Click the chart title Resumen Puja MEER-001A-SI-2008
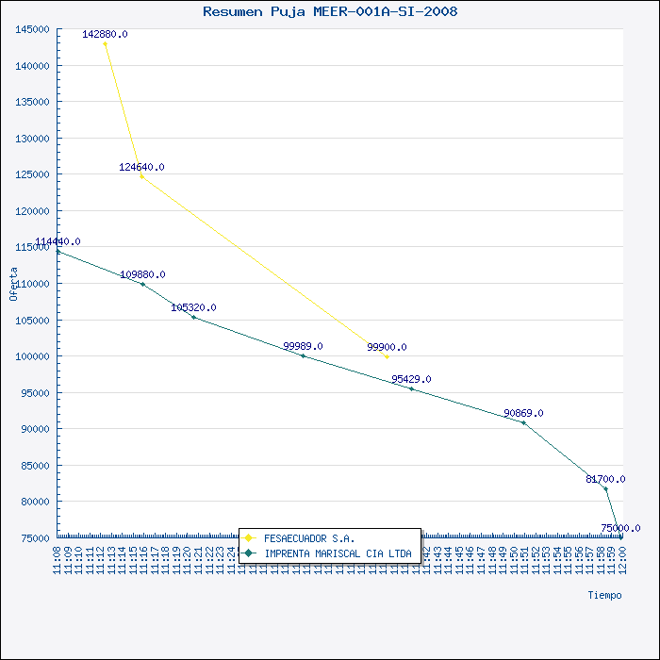330,11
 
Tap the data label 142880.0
105,34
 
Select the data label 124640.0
141,167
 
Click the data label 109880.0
142,274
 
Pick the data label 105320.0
193,307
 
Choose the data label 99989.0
303,346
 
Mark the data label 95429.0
411,379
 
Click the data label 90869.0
523,413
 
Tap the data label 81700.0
605,479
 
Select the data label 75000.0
620,528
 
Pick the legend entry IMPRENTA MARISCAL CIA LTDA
338,553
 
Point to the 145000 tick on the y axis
33,29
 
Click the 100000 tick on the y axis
33,356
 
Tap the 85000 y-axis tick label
36,465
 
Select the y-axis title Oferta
13,284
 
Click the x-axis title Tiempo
604,595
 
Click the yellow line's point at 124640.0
141,176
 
